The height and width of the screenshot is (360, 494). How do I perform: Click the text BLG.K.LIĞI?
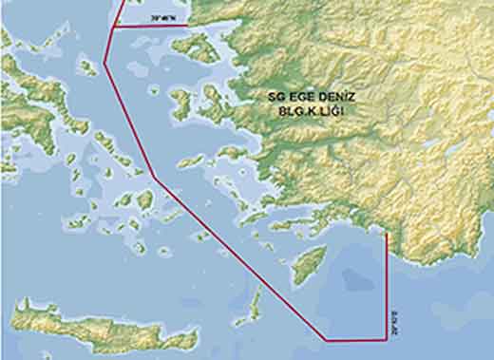click(309, 111)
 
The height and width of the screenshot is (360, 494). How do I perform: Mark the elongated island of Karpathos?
click(254, 304)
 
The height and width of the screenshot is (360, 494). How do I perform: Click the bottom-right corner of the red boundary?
click(386, 339)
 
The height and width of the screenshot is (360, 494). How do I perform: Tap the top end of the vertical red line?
click(386, 232)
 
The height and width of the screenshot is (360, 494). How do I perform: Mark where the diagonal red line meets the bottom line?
click(326, 339)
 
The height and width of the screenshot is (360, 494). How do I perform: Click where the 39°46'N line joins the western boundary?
click(113, 28)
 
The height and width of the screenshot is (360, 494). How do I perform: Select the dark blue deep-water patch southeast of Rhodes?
click(356, 278)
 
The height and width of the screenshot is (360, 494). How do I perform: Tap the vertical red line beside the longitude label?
click(386, 285)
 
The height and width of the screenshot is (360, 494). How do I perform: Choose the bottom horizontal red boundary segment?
click(356, 339)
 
